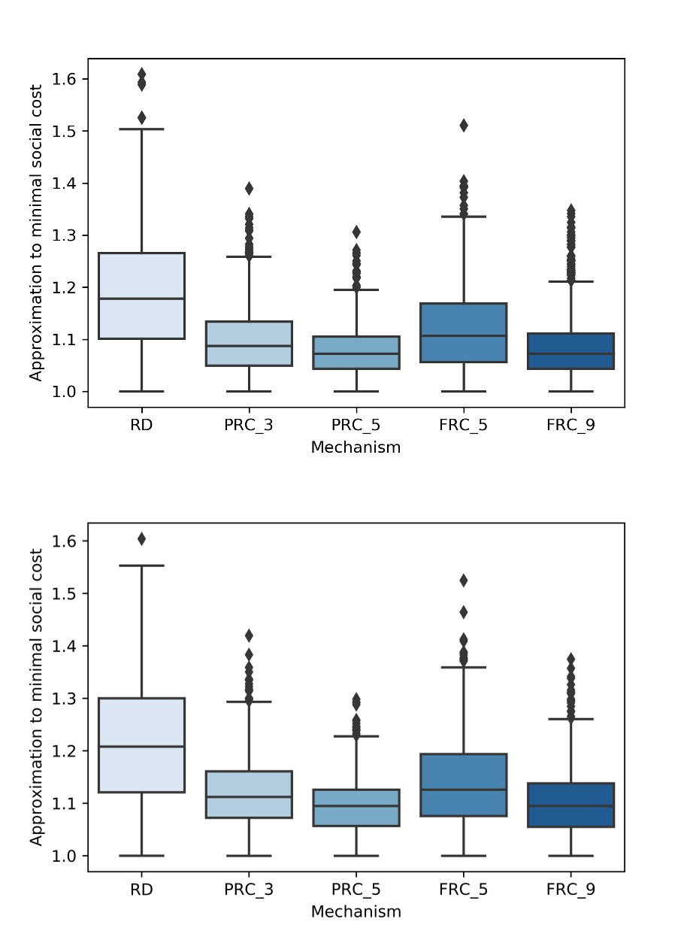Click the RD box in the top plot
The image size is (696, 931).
click(x=141, y=296)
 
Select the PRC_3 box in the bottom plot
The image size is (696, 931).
click(x=249, y=794)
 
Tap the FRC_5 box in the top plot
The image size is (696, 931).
click(x=464, y=332)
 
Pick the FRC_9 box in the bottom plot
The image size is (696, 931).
click(x=571, y=805)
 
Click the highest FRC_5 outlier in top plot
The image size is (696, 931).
click(x=464, y=126)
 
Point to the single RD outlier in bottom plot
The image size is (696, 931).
click(x=141, y=539)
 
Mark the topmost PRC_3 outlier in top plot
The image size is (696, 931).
click(x=249, y=188)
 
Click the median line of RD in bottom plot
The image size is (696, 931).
click(x=141, y=747)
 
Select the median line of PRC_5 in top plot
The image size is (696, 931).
click(x=356, y=353)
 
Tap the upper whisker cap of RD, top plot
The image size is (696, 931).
click(x=141, y=129)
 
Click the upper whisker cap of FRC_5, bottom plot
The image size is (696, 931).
click(x=464, y=667)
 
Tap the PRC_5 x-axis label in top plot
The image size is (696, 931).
click(x=356, y=426)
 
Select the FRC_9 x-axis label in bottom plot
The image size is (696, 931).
click(x=571, y=890)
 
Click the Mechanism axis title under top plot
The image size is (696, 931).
click(x=356, y=447)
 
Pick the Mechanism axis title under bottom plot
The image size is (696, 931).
click(x=356, y=911)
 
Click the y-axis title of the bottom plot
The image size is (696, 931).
click(x=36, y=696)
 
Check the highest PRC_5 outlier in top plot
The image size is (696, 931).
click(x=356, y=232)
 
